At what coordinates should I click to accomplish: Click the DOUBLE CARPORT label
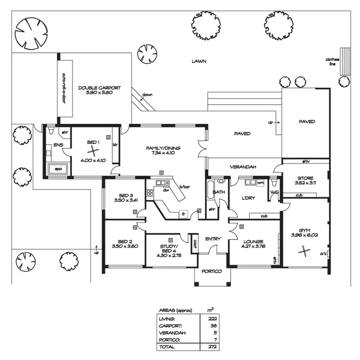[99, 88]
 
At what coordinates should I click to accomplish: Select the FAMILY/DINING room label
[164, 148]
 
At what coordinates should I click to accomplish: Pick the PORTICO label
[212, 271]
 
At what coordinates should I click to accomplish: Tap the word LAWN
[199, 61]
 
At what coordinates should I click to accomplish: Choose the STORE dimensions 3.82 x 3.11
[305, 183]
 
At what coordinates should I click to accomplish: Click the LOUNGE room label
[253, 241]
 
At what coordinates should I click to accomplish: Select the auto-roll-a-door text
[63, 88]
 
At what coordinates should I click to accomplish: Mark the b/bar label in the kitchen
[183, 187]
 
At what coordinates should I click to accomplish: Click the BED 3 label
[125, 195]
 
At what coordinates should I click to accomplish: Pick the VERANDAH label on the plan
[242, 167]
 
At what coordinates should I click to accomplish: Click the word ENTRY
[213, 239]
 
